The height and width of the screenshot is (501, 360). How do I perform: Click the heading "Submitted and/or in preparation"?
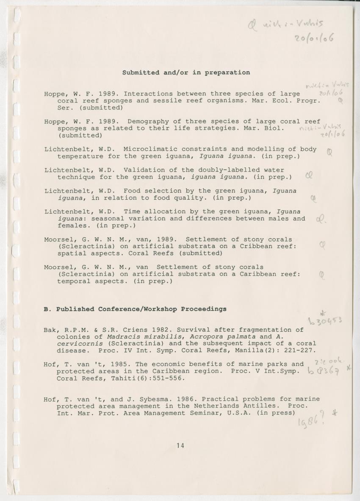[186, 72]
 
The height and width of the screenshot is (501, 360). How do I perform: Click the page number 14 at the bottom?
[180, 445]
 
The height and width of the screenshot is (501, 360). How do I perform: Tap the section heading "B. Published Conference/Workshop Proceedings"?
[135, 309]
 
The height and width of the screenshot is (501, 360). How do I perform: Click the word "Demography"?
[145, 122]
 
